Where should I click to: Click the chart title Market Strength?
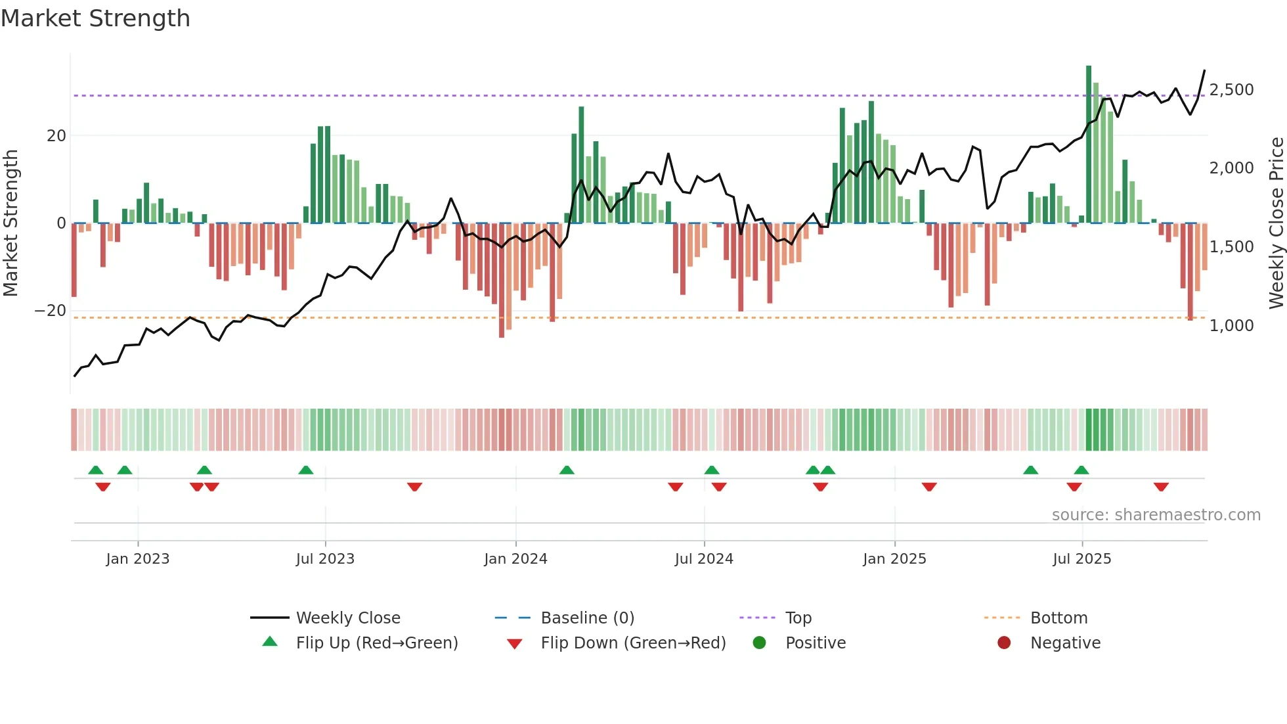(x=95, y=18)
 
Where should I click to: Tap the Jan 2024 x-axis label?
(x=515, y=558)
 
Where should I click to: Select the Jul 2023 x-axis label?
(x=325, y=558)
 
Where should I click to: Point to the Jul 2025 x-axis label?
(x=1081, y=558)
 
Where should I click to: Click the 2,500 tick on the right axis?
(x=1231, y=89)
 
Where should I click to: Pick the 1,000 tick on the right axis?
(x=1231, y=325)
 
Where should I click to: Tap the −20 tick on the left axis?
(x=51, y=310)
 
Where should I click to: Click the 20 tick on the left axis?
(x=56, y=135)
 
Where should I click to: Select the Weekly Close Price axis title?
(x=1276, y=223)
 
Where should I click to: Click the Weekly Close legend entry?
(x=347, y=618)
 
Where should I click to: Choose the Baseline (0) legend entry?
(x=587, y=618)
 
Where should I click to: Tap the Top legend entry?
(x=798, y=618)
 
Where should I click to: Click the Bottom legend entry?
(x=1058, y=618)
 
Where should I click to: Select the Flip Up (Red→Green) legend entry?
(x=376, y=643)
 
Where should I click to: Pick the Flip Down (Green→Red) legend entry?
(x=633, y=643)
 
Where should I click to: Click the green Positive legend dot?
(x=759, y=643)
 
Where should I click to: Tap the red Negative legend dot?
(x=1004, y=643)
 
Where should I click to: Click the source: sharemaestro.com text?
(x=1156, y=514)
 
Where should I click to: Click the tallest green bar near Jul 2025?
(x=1089, y=145)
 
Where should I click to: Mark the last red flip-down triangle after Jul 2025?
(x=1161, y=487)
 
